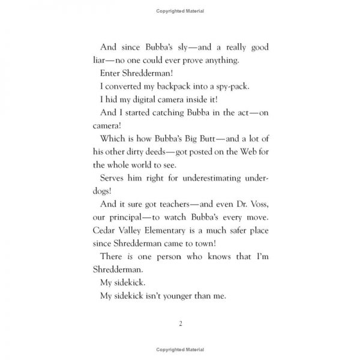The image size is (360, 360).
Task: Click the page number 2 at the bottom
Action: [x=180, y=324]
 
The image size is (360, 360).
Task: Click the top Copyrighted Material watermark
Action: [x=180, y=11]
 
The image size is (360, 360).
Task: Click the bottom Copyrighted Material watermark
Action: [x=180, y=349]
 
